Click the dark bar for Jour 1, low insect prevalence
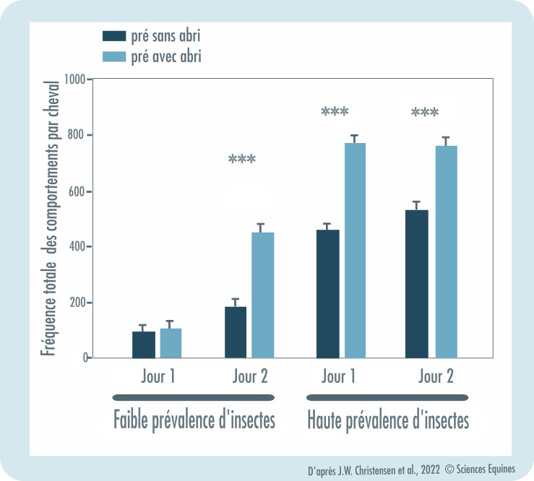click(143, 344)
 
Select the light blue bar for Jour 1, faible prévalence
click(171, 343)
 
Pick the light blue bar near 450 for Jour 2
click(262, 295)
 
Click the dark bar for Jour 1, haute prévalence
click(328, 293)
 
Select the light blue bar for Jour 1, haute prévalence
click(355, 250)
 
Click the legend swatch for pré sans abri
click(114, 35)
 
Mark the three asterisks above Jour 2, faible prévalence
click(241, 160)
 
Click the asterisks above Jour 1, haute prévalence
click(335, 112)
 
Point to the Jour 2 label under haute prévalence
click(436, 376)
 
